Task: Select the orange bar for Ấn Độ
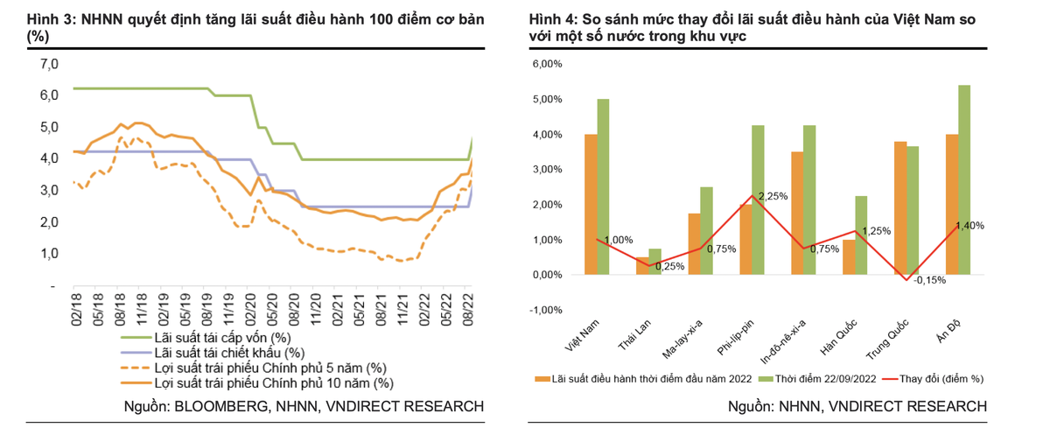(x=951, y=204)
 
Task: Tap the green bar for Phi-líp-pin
(x=758, y=200)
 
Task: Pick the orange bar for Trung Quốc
(x=900, y=207)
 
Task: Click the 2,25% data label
(x=773, y=196)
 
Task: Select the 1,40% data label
(x=969, y=225)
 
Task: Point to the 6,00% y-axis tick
(x=547, y=64)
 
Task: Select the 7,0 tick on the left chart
(x=49, y=64)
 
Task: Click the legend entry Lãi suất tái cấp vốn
(x=222, y=338)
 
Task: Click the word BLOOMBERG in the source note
(x=227, y=406)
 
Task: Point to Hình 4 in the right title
(x=553, y=20)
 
